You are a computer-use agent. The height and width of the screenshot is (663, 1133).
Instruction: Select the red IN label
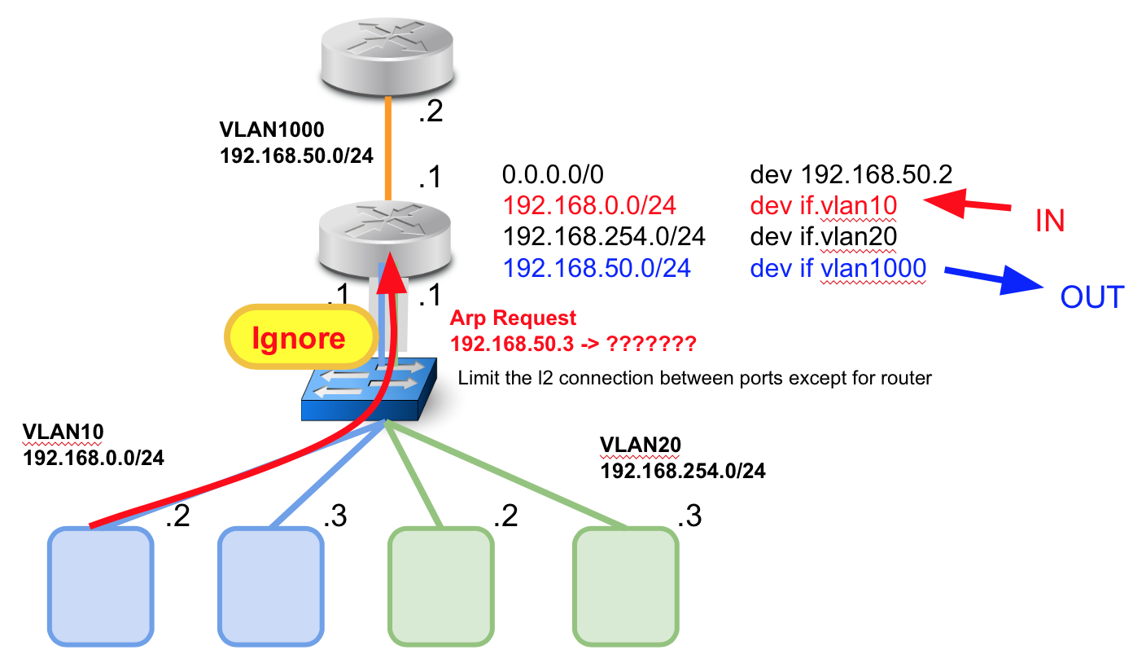click(x=1050, y=221)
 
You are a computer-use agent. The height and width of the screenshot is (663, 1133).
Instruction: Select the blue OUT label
click(x=1091, y=297)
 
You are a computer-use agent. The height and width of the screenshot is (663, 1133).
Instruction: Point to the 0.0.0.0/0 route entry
click(x=553, y=174)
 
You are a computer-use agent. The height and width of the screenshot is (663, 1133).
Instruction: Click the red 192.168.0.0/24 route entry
click(x=589, y=205)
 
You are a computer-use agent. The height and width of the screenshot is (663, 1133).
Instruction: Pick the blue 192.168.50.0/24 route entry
click(x=597, y=267)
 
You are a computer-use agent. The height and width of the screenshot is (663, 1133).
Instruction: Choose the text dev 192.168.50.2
click(x=851, y=174)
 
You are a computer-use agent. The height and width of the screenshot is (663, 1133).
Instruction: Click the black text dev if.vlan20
click(x=823, y=236)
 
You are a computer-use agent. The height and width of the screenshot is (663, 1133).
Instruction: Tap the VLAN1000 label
click(x=272, y=130)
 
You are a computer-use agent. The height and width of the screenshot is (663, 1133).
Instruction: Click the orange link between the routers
click(x=389, y=147)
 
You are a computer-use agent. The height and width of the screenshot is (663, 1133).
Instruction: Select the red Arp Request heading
click(x=513, y=318)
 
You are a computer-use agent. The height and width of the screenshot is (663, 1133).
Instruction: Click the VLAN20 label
click(x=640, y=445)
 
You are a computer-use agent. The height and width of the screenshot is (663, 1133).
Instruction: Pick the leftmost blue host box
click(x=101, y=585)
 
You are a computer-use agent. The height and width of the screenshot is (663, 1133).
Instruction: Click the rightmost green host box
click(x=625, y=585)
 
